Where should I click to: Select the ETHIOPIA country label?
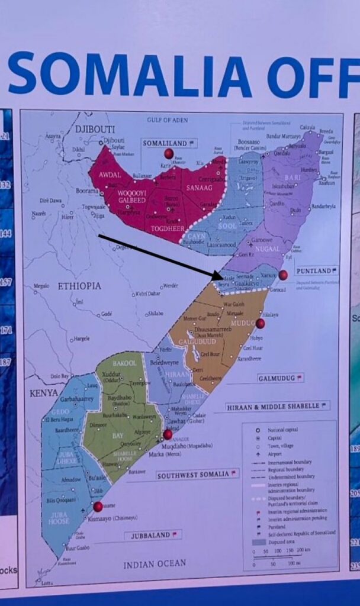[79, 286]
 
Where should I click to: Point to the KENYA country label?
[44, 392]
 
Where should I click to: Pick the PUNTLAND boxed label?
[314, 270]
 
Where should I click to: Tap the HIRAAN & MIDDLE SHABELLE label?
[274, 407]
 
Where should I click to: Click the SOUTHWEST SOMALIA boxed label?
[193, 475]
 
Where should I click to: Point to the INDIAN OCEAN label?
[155, 565]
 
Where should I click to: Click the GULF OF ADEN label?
[168, 120]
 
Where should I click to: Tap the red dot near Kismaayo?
[98, 506]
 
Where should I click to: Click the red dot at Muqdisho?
[168, 434]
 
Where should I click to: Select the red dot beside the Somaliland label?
[169, 154]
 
